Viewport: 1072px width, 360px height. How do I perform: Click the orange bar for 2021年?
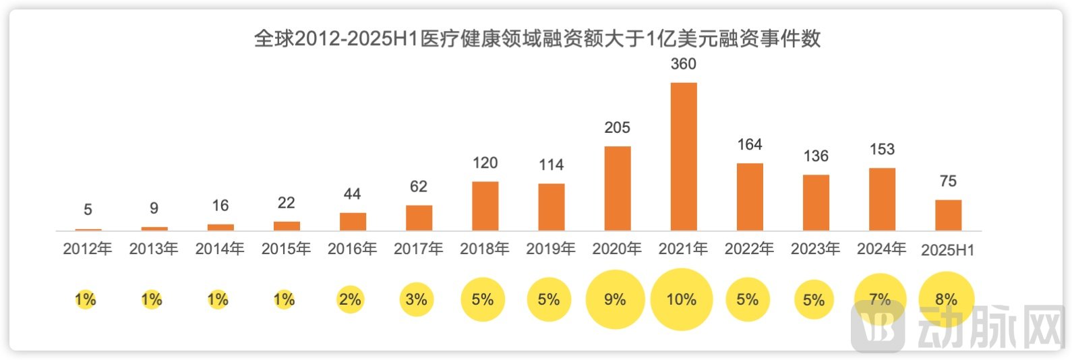pyautogui.click(x=683, y=156)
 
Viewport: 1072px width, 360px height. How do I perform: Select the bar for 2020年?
pyautogui.click(x=617, y=188)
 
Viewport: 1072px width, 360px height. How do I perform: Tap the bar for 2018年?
pyautogui.click(x=485, y=206)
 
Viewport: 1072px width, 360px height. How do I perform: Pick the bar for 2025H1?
pyautogui.click(x=947, y=215)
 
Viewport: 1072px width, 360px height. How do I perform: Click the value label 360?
pyautogui.click(x=683, y=64)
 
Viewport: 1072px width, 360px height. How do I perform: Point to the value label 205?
pyautogui.click(x=617, y=127)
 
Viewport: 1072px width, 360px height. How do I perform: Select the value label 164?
pyautogui.click(x=749, y=144)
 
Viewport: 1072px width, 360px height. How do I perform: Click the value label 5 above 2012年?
pyautogui.click(x=88, y=210)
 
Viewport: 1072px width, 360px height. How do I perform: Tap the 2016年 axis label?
pyautogui.click(x=352, y=249)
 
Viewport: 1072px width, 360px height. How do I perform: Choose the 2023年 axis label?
pyautogui.click(x=815, y=249)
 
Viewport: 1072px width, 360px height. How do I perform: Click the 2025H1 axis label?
pyautogui.click(x=947, y=250)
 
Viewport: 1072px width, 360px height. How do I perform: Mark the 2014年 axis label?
pyautogui.click(x=220, y=249)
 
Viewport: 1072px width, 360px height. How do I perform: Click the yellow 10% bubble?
pyautogui.click(x=681, y=299)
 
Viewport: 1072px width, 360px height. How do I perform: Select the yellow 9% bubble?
pyautogui.click(x=615, y=299)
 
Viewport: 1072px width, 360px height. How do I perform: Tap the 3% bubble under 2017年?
pyautogui.click(x=416, y=299)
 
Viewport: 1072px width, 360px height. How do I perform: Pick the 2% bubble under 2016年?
pyautogui.click(x=350, y=299)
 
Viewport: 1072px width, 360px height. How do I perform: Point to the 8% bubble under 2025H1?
pyautogui.click(x=946, y=299)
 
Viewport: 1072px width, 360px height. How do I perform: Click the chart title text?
pyautogui.click(x=537, y=38)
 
